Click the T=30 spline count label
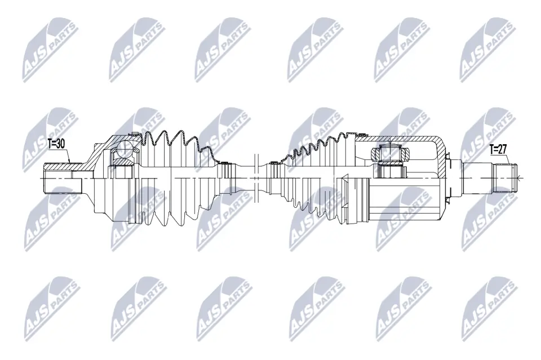click(x=57, y=144)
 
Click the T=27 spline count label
click(x=498, y=149)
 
